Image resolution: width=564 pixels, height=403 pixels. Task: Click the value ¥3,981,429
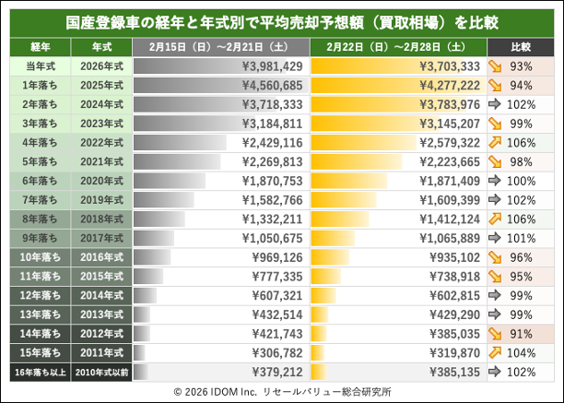(271, 66)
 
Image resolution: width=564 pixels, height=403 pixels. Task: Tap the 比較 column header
(521, 45)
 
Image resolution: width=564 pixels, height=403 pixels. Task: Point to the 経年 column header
(39, 45)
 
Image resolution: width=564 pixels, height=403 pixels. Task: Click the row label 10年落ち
(39, 257)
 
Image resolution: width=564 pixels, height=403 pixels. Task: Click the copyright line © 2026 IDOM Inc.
(282, 391)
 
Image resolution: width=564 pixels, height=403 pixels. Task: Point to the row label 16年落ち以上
(39, 372)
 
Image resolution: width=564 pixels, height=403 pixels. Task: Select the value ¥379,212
(275, 372)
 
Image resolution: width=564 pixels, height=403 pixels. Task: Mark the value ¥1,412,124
(449, 219)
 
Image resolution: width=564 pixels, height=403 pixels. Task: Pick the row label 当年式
(39, 66)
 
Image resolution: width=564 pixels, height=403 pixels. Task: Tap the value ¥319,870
(452, 352)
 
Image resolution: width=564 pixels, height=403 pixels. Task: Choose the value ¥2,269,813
(271, 162)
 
